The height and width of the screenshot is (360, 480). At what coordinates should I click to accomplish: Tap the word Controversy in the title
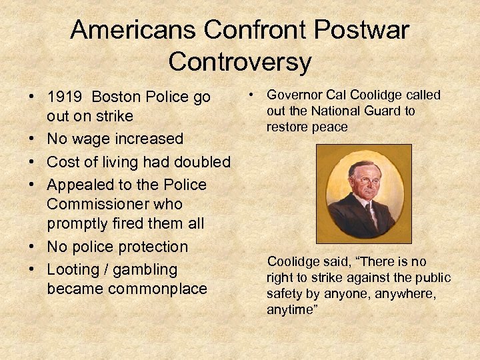[240, 61]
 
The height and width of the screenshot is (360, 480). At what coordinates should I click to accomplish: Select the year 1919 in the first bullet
[65, 97]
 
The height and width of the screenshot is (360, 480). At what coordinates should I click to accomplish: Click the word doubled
[200, 162]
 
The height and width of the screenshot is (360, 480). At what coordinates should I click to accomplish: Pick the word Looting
[69, 269]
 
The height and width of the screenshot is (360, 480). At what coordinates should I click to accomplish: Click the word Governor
[293, 95]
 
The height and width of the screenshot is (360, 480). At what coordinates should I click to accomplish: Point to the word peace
[331, 127]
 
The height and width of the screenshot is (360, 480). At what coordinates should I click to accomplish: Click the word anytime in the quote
[291, 310]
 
